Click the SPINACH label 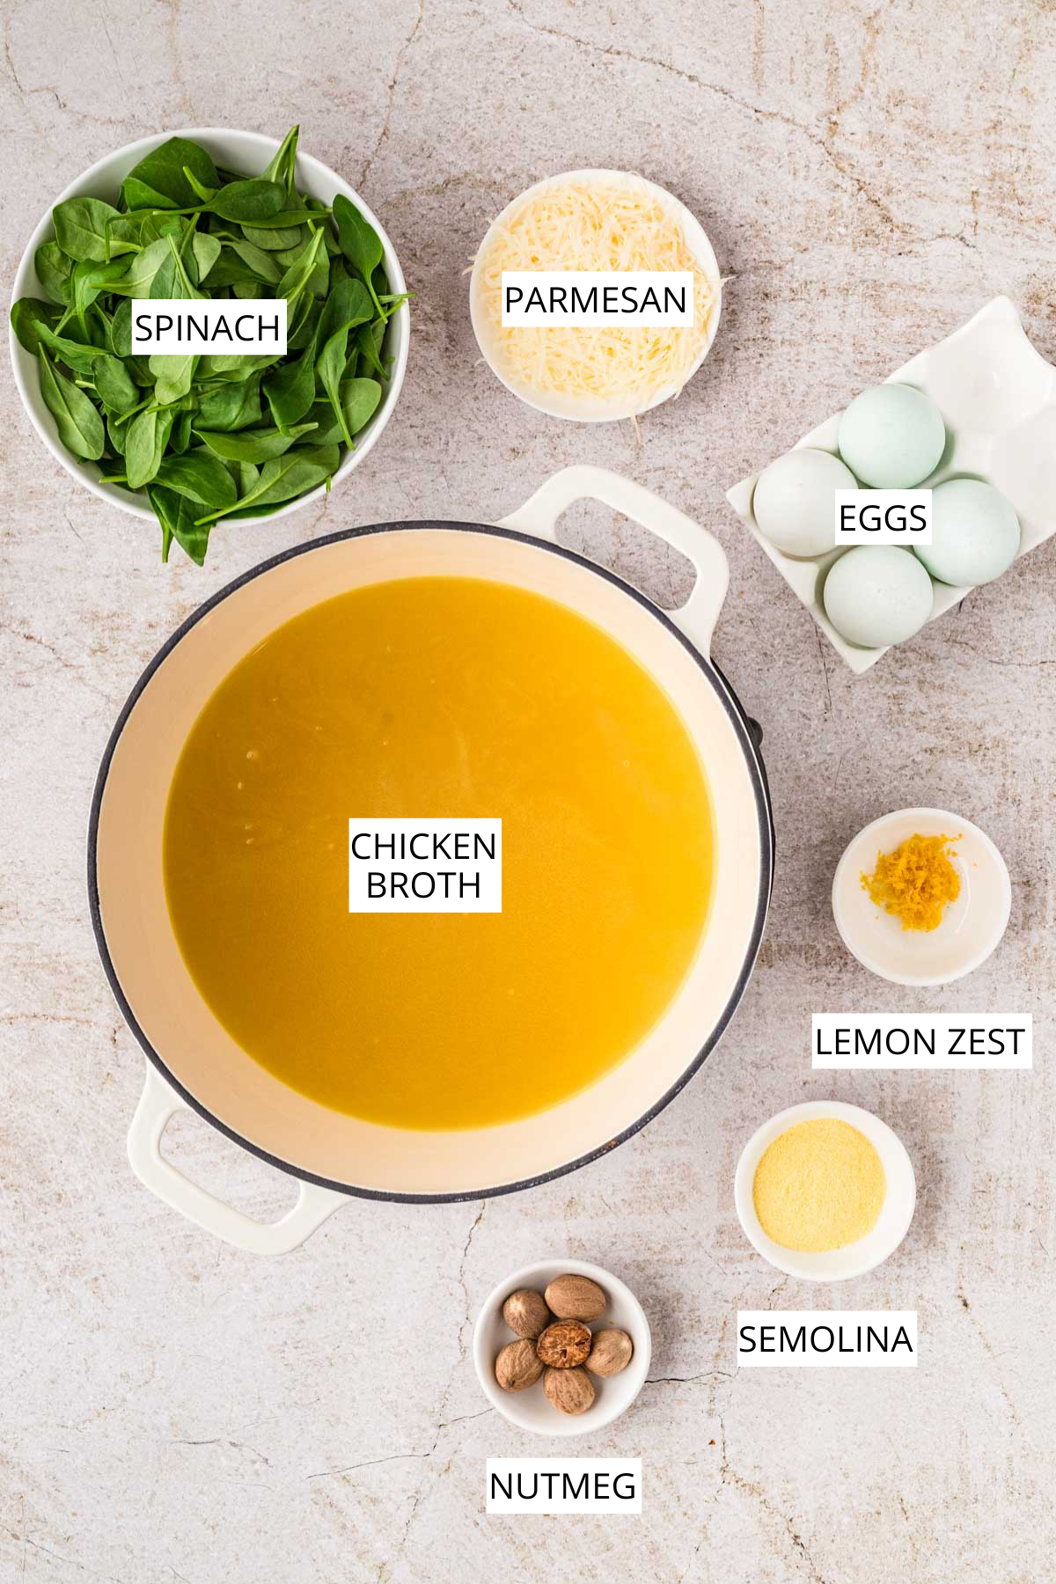(208, 328)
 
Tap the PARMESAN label (595, 300)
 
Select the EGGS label (883, 518)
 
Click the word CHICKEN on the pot (423, 847)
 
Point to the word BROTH (423, 885)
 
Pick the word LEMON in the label (867, 1042)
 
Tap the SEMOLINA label (825, 1339)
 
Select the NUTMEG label (563, 1486)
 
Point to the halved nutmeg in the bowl (563, 1343)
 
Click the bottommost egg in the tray (877, 596)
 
